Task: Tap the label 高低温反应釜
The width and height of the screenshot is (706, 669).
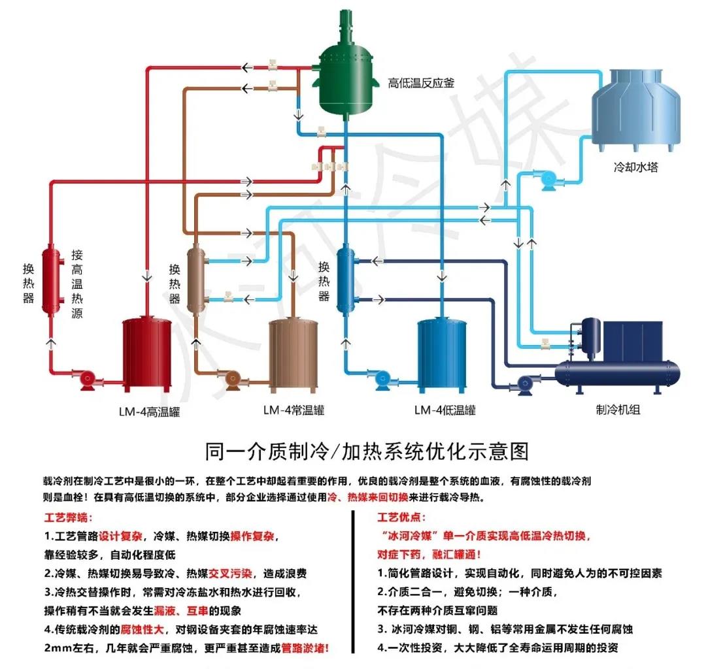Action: (421, 83)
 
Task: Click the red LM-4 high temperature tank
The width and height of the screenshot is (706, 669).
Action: (148, 353)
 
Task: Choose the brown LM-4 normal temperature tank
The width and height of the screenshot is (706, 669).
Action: (295, 353)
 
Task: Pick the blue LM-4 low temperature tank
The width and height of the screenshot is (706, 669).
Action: (443, 353)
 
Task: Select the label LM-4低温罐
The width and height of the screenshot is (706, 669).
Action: (445, 411)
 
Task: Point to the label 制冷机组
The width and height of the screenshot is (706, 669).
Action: (618, 411)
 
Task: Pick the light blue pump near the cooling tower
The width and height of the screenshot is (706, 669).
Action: (547, 179)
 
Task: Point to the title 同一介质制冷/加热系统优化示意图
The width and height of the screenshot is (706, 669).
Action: (366, 451)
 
